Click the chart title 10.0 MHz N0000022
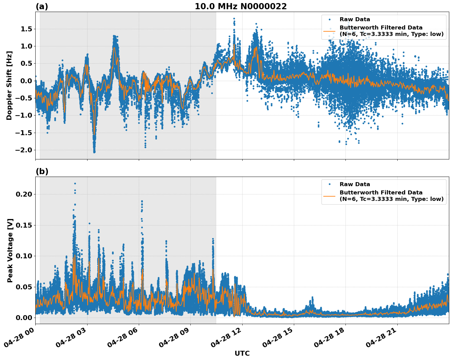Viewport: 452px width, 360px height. click(x=240, y=6)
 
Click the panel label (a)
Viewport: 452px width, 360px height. click(x=42, y=6)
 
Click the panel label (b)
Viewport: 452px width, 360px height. click(x=42, y=171)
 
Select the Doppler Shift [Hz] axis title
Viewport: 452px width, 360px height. click(x=9, y=85)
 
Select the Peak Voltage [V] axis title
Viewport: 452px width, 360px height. click(x=10, y=250)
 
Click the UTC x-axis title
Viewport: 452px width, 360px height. click(x=242, y=353)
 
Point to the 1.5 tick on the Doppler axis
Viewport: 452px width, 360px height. click(x=26, y=29)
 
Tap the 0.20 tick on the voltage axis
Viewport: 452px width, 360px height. click(x=24, y=194)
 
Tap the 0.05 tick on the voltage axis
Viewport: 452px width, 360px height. click(x=24, y=287)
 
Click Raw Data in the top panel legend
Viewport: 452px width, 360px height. click(x=355, y=19)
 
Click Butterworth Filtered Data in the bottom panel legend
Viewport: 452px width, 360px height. click(x=381, y=193)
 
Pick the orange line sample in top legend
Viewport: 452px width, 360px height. click(x=329, y=31)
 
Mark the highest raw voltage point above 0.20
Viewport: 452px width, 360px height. click(x=75, y=183)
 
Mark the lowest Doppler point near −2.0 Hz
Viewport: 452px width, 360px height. click(x=94, y=152)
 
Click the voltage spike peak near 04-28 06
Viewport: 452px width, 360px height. click(x=142, y=201)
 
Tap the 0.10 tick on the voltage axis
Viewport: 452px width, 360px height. click(x=24, y=256)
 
